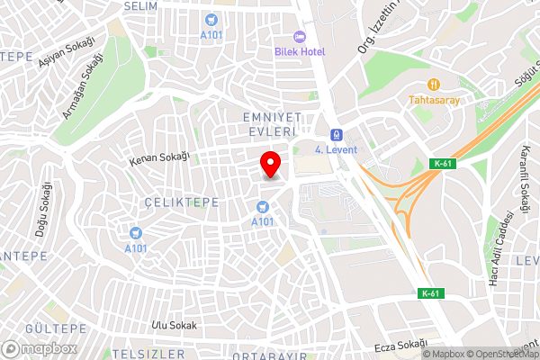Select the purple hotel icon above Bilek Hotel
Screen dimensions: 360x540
click(299, 35)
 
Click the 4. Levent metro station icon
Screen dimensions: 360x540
click(334, 130)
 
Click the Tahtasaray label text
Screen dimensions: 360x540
click(434, 100)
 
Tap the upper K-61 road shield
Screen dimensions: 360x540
click(441, 163)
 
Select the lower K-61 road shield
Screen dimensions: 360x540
click(430, 293)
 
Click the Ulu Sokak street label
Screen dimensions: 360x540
click(173, 324)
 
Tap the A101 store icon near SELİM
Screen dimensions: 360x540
click(211, 20)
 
